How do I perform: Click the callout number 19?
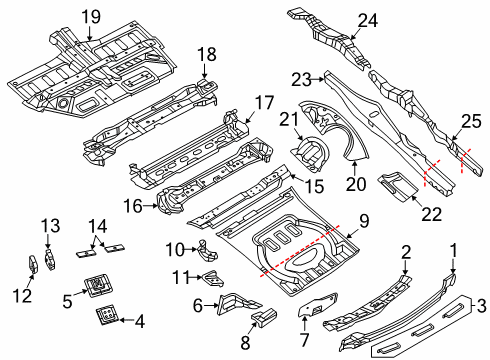coord(91,16)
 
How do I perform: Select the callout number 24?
coord(368,19)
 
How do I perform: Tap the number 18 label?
coord(206,54)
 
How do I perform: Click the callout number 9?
coord(365,218)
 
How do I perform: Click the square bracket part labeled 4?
coord(105,317)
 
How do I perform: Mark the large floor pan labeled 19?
coord(90,70)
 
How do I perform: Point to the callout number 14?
coord(97,224)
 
